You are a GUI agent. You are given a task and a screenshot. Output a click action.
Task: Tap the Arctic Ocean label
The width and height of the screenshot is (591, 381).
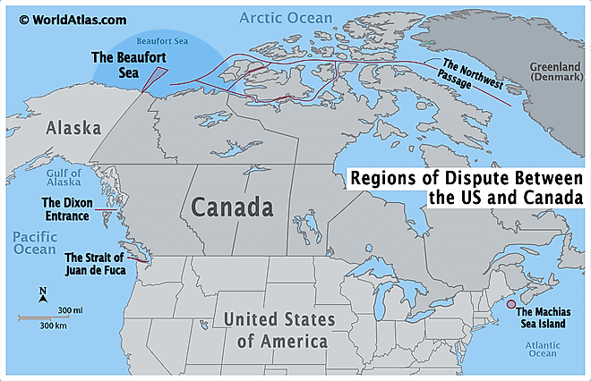[286, 17]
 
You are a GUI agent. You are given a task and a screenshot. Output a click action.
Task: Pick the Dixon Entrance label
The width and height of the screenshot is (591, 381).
[65, 209]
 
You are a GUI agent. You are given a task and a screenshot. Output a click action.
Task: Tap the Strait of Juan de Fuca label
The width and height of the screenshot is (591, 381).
[95, 263]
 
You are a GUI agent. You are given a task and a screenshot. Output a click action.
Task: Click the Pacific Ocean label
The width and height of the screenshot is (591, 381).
[34, 243]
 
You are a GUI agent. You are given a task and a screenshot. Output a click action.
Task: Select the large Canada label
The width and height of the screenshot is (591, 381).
[231, 209]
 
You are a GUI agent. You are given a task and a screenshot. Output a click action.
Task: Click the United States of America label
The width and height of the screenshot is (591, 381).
[278, 329]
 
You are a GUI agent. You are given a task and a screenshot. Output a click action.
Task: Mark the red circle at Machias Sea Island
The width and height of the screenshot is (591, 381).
[510, 307]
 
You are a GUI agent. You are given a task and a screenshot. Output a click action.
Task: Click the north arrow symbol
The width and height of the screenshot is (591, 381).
[43, 294]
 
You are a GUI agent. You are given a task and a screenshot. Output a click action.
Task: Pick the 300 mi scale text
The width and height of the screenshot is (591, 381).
[71, 309]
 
